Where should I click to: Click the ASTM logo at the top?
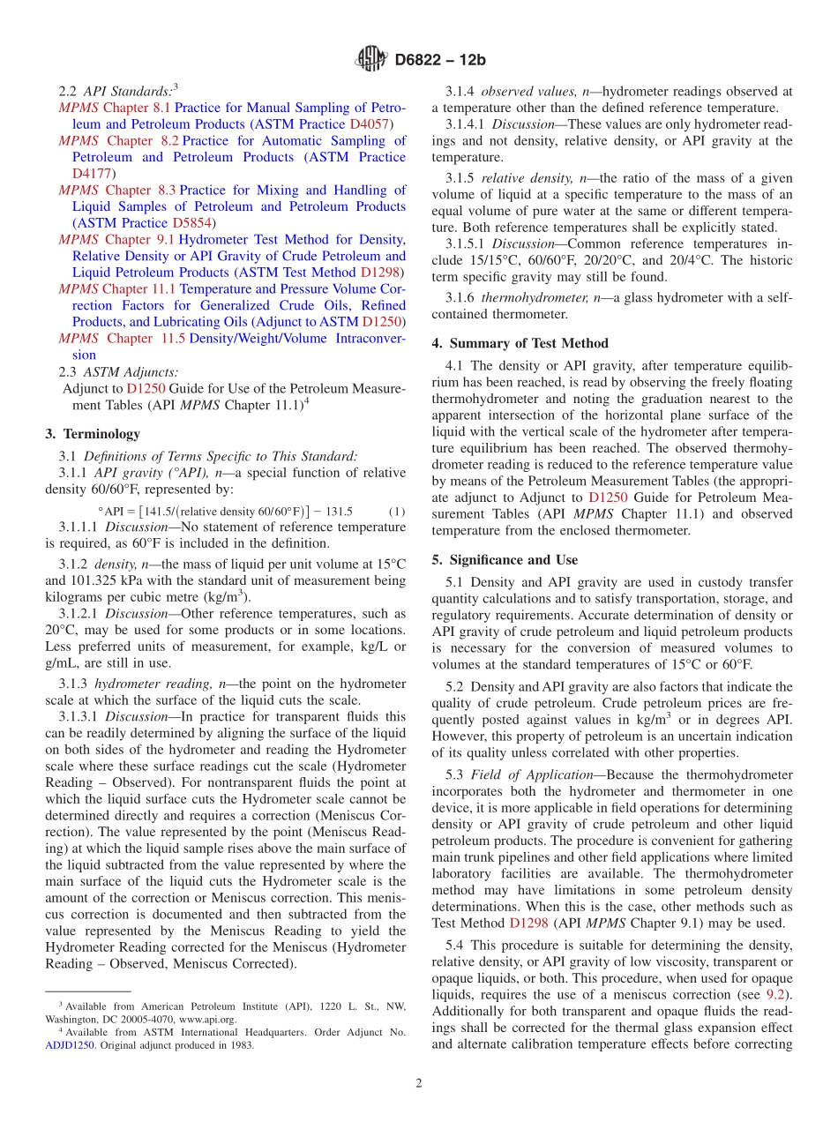[370, 60]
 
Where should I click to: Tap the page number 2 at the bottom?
[419, 1083]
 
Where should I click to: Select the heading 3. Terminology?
[92, 434]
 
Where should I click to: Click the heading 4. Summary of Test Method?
[520, 343]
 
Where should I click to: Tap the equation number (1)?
[396, 512]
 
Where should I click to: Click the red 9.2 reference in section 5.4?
[777, 995]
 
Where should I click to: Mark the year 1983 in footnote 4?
[241, 1045]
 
